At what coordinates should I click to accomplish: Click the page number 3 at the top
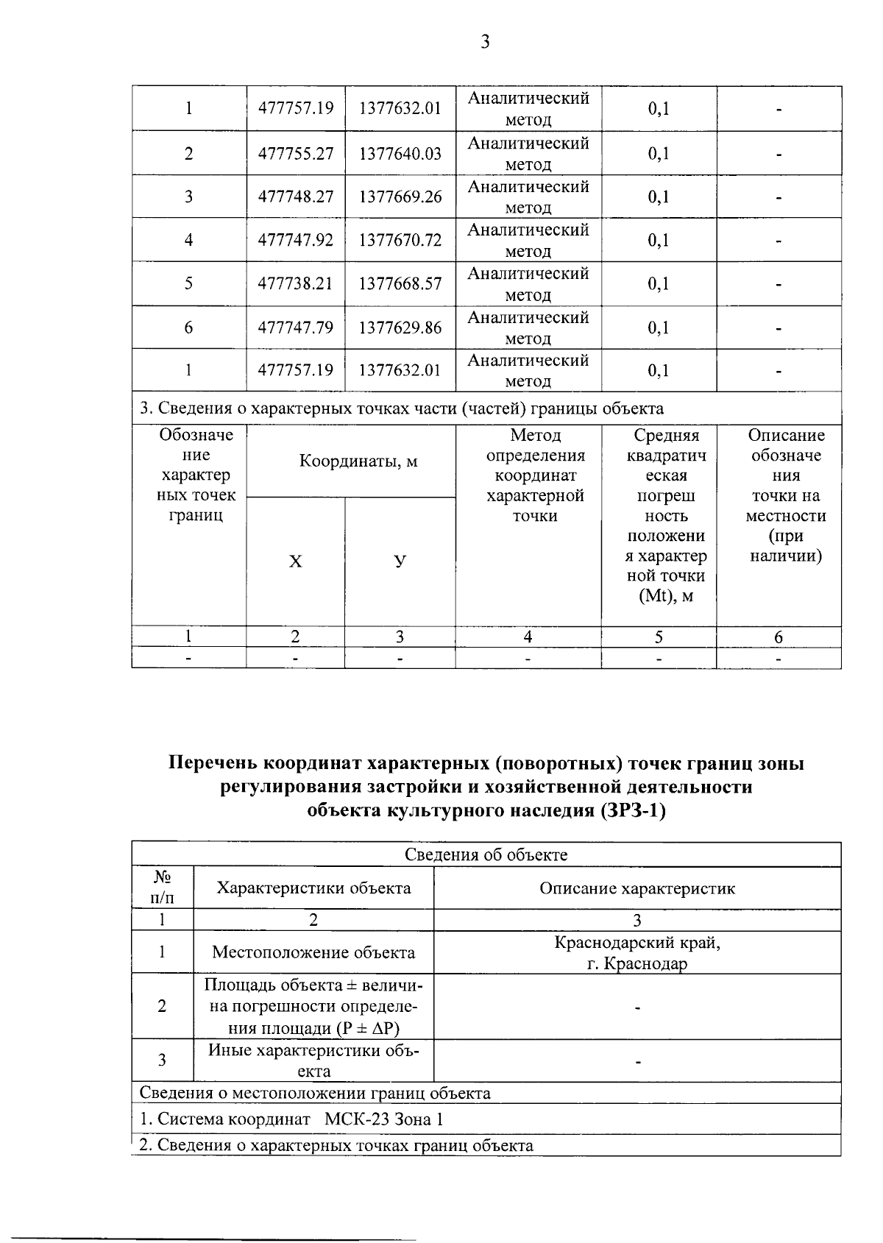click(485, 43)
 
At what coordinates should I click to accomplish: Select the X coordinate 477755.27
click(296, 153)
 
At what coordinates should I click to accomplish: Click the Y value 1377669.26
click(400, 196)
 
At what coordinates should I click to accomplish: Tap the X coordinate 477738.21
click(296, 283)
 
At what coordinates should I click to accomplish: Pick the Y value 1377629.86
click(400, 327)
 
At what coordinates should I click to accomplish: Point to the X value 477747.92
click(296, 240)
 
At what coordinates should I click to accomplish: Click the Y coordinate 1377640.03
click(400, 153)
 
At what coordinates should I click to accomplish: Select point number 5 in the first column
click(189, 283)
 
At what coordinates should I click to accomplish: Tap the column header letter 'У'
click(400, 562)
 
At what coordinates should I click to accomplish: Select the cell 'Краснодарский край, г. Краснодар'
click(637, 952)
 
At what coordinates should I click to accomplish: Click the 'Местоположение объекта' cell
click(313, 952)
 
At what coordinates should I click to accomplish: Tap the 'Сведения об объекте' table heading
click(486, 854)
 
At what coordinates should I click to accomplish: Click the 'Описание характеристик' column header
click(637, 888)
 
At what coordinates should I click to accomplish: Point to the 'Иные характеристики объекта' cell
click(313, 1060)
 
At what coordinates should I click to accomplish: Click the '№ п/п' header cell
click(163, 888)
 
